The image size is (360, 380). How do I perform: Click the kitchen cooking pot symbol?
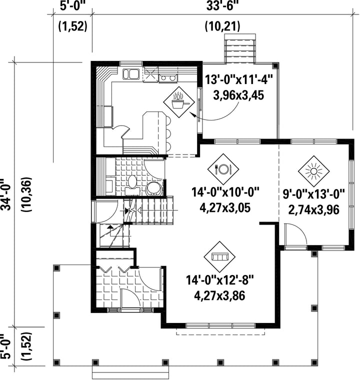tap(179, 102)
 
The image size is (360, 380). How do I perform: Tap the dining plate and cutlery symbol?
tap(223, 169)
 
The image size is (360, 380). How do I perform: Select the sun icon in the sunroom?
tap(313, 171)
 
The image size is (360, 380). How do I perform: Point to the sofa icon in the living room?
tap(219, 257)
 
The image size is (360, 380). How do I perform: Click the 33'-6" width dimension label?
tap(222, 6)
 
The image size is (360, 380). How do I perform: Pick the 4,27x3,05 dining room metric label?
tap(225, 208)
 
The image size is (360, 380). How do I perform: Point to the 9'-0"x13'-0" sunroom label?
tap(313, 194)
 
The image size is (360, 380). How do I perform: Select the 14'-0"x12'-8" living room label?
tap(220, 280)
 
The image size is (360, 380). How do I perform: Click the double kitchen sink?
tap(130, 74)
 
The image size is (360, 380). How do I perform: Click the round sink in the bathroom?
tap(153, 188)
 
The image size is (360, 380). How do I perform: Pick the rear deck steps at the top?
tap(240, 48)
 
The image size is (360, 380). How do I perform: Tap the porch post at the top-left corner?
tap(56, 268)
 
